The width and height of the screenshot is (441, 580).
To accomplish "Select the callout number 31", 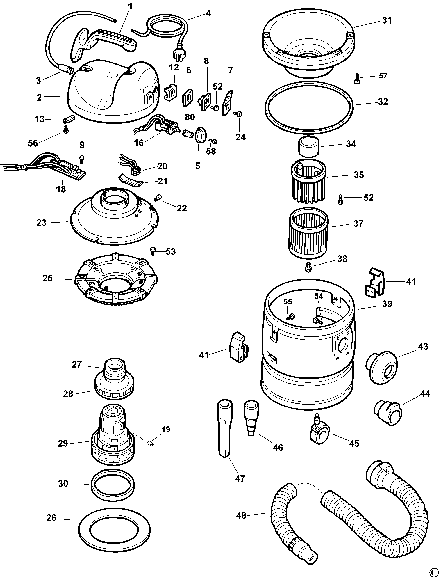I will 387,20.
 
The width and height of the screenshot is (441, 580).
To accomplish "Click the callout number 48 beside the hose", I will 241,515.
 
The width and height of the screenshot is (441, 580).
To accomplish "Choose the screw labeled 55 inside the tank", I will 291,317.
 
